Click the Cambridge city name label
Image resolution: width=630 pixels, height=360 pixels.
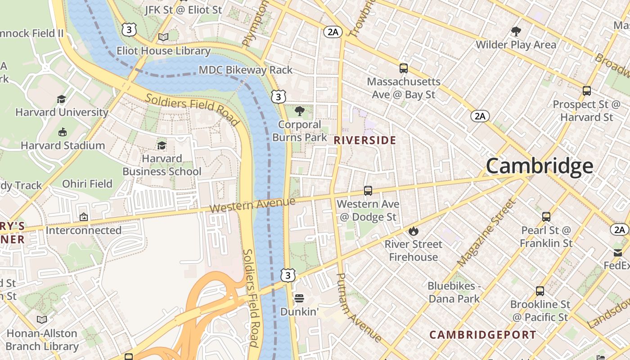(539, 166)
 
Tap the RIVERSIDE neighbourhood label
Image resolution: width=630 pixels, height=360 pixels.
(365, 140)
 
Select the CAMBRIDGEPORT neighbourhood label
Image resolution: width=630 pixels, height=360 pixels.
(482, 335)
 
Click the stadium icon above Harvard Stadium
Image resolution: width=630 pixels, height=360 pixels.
(63, 132)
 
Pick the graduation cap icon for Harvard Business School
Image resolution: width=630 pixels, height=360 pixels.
(162, 145)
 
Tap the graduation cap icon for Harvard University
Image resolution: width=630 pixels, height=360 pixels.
(61, 99)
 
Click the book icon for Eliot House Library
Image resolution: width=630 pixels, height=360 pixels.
(163, 37)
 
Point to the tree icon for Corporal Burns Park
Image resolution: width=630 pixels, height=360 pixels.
(299, 111)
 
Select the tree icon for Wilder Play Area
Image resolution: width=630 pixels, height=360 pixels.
(516, 31)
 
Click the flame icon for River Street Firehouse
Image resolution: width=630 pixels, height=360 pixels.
(413, 231)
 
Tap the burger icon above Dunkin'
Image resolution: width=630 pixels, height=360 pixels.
(299, 298)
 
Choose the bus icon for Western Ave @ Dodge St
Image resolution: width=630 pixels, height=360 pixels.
(368, 191)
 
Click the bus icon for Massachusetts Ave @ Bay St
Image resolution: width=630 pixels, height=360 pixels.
(404, 68)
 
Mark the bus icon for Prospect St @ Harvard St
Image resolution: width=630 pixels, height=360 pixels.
(586, 91)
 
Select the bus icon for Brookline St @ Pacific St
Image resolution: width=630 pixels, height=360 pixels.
(540, 291)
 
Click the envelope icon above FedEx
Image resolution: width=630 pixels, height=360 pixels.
(617, 252)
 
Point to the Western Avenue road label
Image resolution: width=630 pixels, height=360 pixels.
(252, 206)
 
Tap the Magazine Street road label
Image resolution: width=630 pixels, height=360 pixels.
(486, 233)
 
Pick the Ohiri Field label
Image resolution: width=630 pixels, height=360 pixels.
(87, 184)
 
